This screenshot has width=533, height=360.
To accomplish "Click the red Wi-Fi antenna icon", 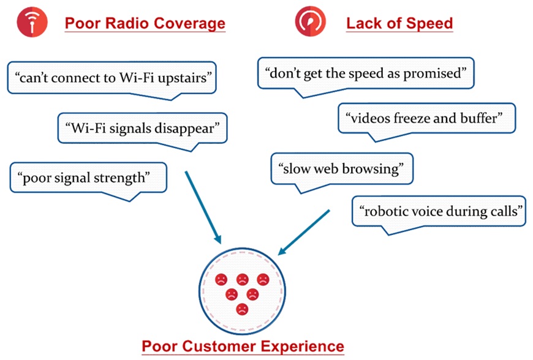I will pyautogui.click(x=28, y=23).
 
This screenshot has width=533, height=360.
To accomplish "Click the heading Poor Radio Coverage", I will pyautogui.click(x=145, y=24).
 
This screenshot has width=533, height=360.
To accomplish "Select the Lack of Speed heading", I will pyautogui.click(x=399, y=24).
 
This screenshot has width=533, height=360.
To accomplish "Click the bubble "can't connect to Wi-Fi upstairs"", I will pyautogui.click(x=113, y=78).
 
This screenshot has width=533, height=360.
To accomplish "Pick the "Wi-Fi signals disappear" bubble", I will pyautogui.click(x=142, y=128).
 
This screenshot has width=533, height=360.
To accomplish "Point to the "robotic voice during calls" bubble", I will pyautogui.click(x=439, y=211).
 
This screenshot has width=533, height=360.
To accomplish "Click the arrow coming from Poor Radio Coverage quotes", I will pyautogui.click(x=202, y=205).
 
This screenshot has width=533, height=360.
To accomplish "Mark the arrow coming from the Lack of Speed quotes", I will pyautogui.click(x=304, y=232).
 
